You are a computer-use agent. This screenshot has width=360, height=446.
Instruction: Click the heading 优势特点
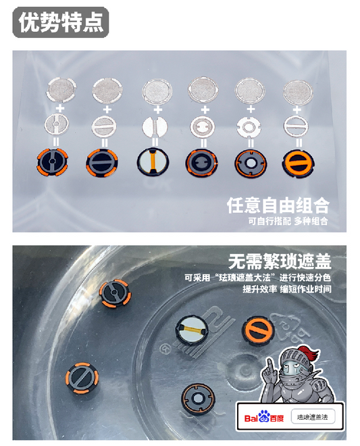click(x=61, y=22)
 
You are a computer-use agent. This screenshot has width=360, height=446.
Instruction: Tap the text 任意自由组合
click(x=278, y=205)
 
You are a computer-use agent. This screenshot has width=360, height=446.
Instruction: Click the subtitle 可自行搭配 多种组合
click(x=288, y=221)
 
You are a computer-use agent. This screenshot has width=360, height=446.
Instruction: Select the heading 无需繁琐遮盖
click(x=280, y=261)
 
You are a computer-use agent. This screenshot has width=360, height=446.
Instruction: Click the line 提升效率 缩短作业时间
click(x=286, y=289)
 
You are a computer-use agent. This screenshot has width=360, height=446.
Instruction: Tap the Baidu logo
click(x=264, y=417)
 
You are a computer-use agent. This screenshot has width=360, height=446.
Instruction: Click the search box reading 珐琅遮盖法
click(x=313, y=417)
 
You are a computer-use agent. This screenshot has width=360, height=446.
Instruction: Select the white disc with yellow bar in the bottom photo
click(x=192, y=330)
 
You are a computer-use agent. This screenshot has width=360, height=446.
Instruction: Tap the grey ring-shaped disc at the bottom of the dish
click(x=198, y=397)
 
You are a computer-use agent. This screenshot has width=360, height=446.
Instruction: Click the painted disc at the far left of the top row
click(x=52, y=162)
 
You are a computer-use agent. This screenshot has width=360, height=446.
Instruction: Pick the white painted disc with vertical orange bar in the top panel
click(x=153, y=161)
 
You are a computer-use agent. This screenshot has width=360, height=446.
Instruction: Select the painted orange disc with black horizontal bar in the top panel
click(x=298, y=164)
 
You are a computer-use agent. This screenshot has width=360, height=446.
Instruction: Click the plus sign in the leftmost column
click(x=60, y=108)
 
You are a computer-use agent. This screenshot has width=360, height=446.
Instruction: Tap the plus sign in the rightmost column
click(x=297, y=109)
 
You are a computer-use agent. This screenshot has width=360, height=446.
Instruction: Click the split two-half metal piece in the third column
click(x=155, y=126)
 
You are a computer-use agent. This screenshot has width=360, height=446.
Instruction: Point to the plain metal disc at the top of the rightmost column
click(x=298, y=92)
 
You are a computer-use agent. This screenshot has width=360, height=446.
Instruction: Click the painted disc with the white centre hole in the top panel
click(x=251, y=163)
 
